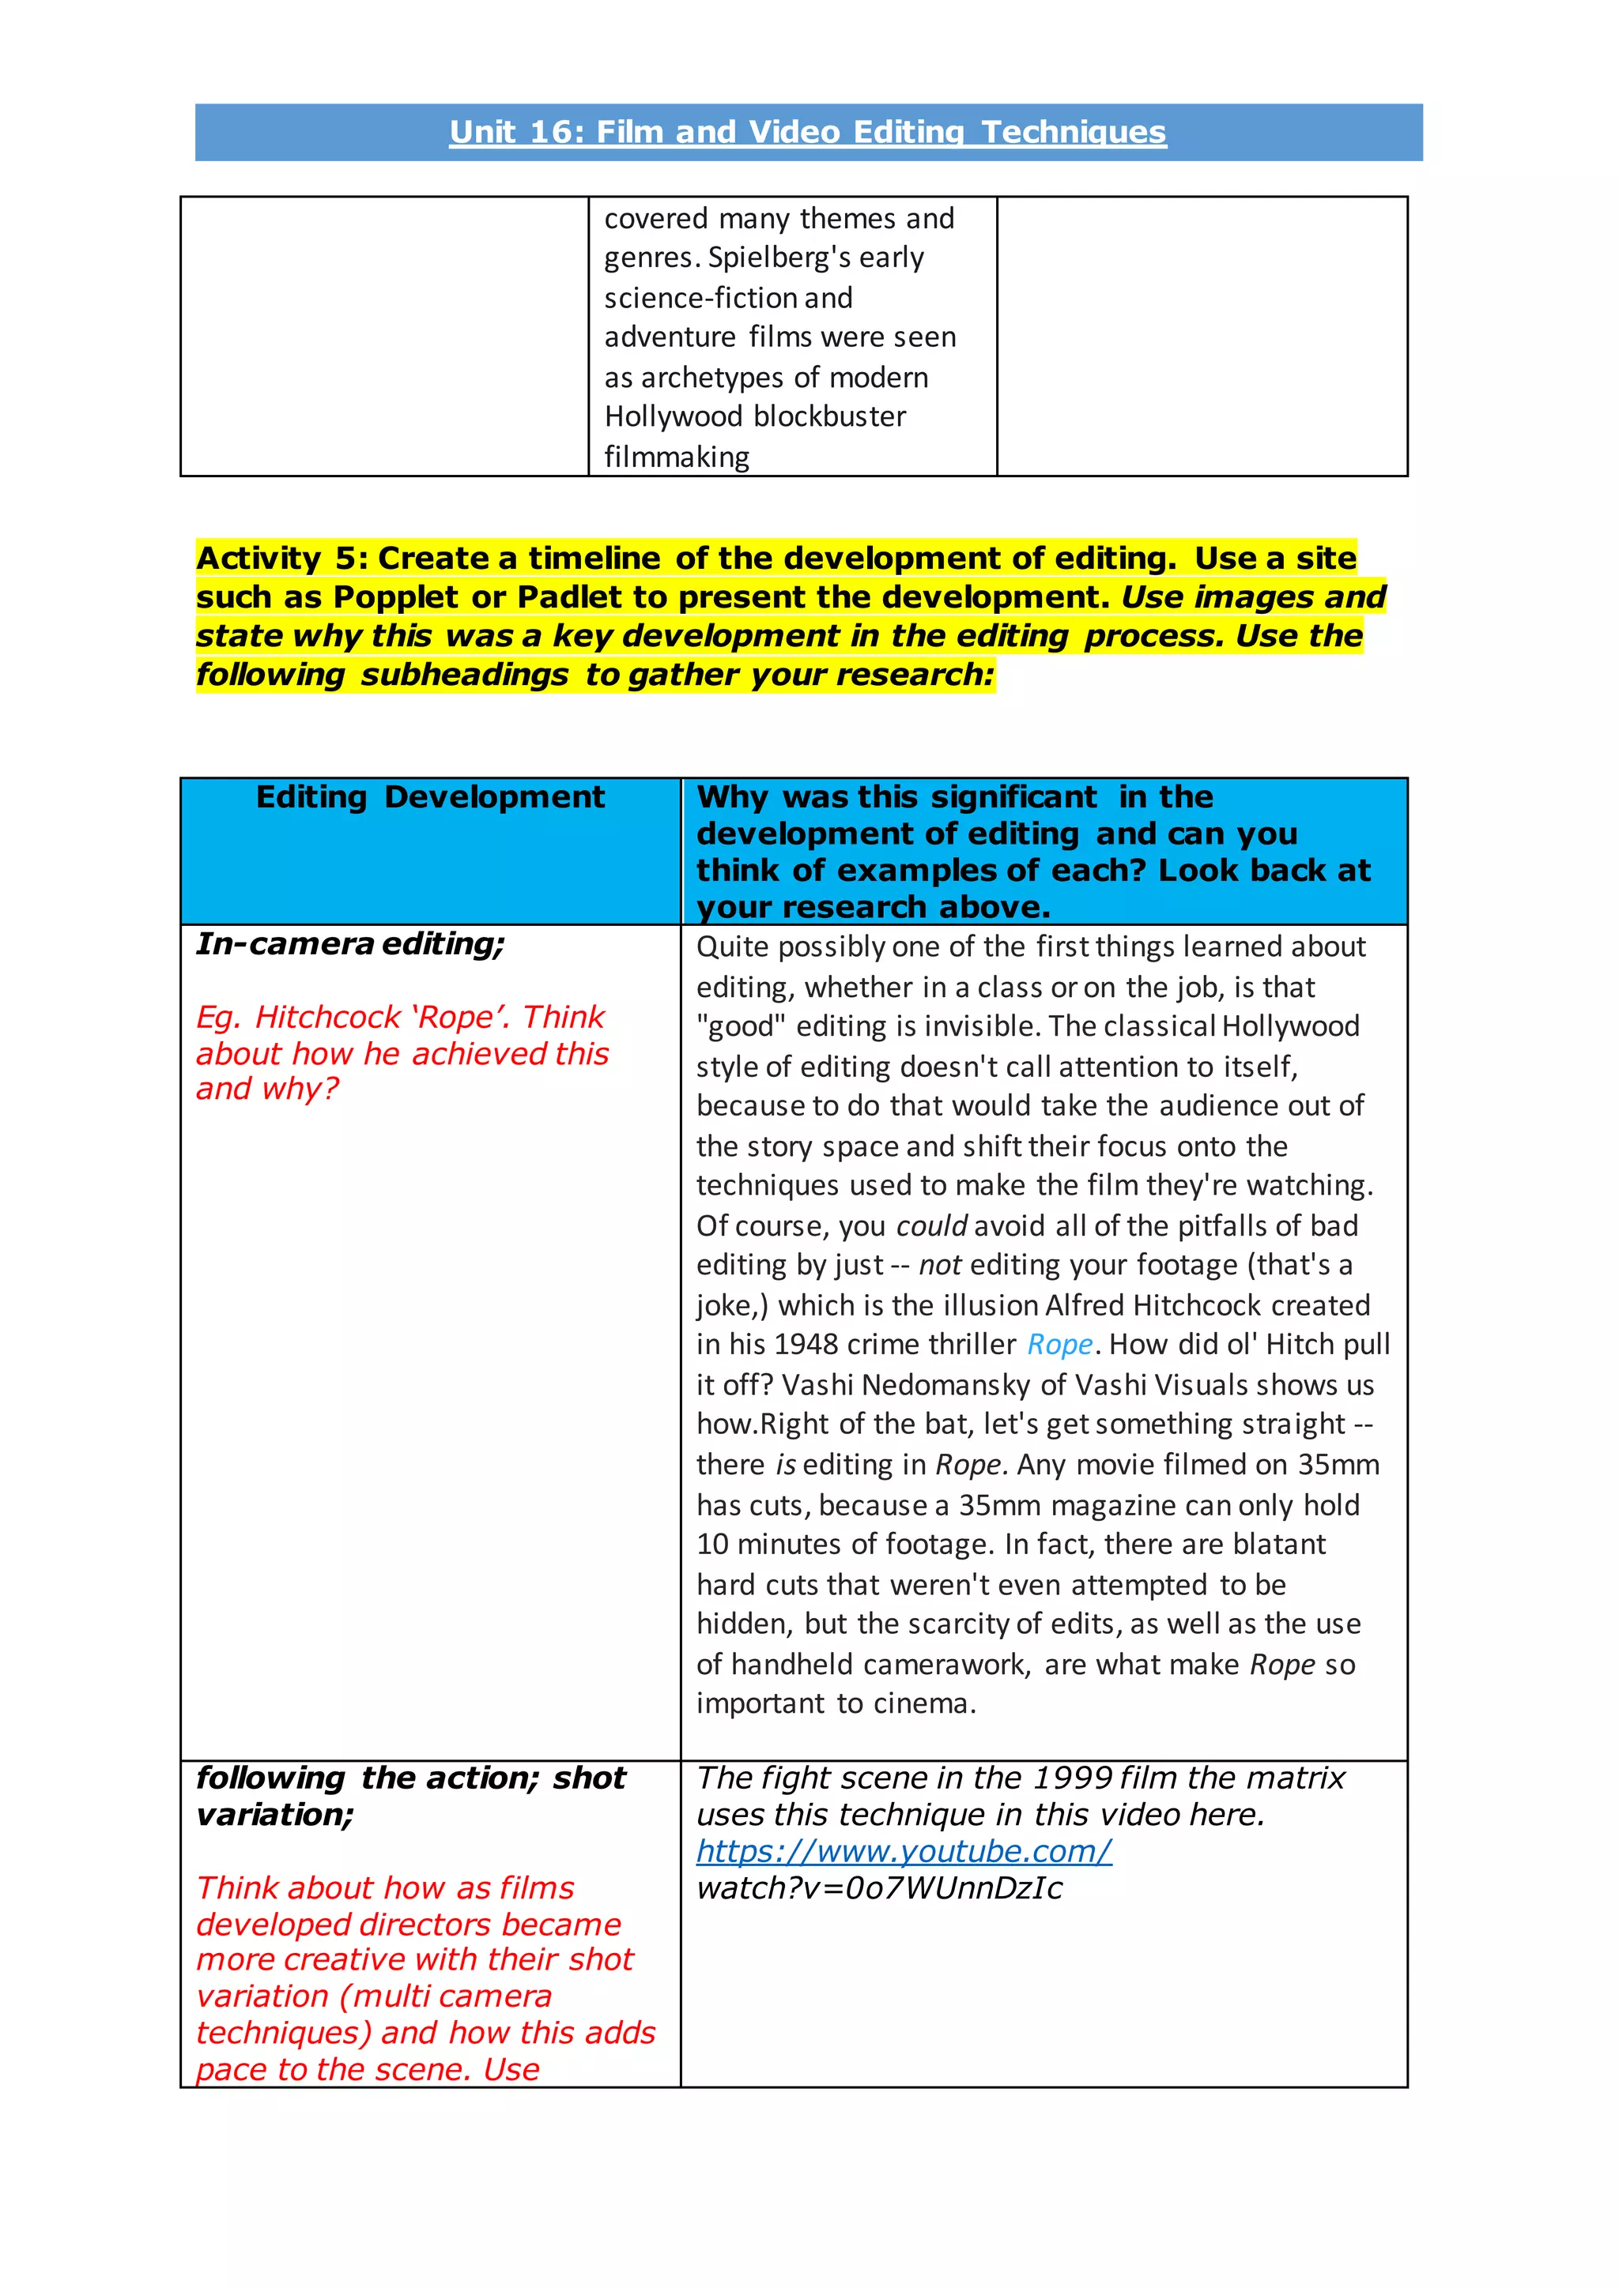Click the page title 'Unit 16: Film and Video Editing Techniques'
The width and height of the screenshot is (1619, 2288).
tap(807, 133)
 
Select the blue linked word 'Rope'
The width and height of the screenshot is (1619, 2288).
tap(1060, 1345)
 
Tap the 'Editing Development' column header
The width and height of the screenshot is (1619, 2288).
tap(430, 797)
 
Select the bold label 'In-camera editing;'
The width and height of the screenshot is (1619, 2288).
tap(350, 943)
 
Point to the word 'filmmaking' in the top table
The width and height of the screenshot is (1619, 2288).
tap(677, 457)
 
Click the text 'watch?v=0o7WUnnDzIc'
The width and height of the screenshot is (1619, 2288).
tap(879, 1888)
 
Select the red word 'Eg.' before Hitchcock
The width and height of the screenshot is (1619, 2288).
tap(218, 1018)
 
